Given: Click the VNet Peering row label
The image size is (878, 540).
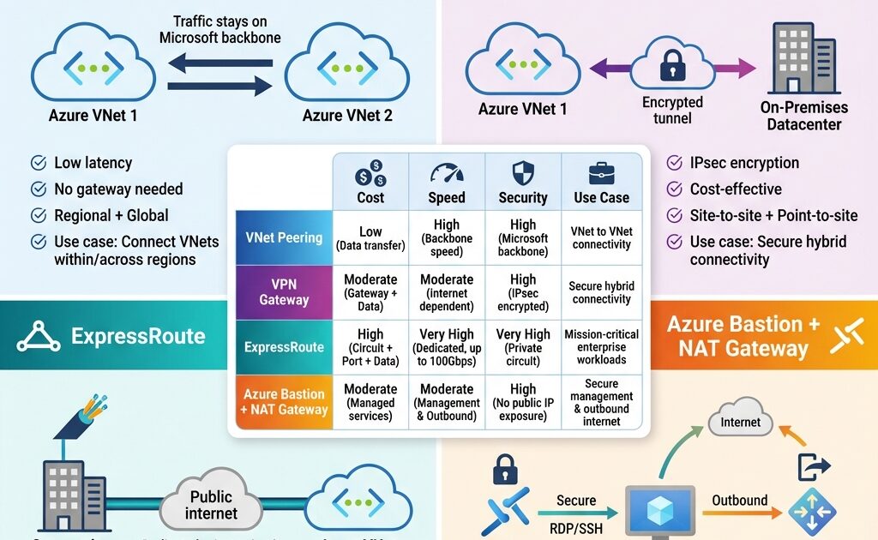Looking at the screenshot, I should click(x=283, y=237).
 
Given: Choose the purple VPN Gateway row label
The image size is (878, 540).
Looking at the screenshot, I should click(x=283, y=291).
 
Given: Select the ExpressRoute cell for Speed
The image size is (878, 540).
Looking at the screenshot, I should click(x=447, y=347).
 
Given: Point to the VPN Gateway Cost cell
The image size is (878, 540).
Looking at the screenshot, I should click(x=370, y=291).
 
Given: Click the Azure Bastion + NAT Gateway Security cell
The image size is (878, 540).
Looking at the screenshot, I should click(x=523, y=401).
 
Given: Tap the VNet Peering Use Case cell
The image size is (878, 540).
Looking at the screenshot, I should click(x=601, y=237).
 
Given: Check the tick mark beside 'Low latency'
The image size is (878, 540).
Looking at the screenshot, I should click(x=38, y=163).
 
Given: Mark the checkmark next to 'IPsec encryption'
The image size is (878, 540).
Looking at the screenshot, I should click(x=674, y=163).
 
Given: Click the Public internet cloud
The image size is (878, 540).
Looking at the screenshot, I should click(x=211, y=504).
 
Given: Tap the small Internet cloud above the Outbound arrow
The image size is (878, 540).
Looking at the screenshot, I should click(x=740, y=421).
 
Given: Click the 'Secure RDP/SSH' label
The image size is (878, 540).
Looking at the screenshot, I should click(x=575, y=511).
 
